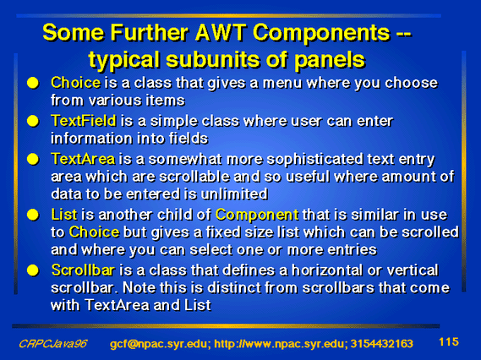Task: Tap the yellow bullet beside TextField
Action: tap(33, 121)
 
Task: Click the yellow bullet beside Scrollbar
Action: tap(33, 270)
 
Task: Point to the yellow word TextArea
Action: tap(83, 159)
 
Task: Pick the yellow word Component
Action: tap(257, 215)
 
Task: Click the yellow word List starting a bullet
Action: tap(64, 215)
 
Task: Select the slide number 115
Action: tap(449, 341)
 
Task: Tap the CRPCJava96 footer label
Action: tap(53, 344)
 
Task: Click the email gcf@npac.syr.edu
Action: tap(160, 344)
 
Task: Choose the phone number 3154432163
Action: tap(381, 344)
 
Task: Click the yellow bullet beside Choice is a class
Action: tap(33, 83)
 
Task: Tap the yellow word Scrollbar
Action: tap(83, 270)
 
